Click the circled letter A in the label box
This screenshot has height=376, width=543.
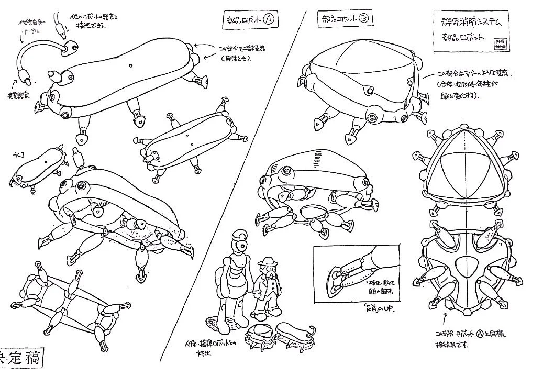click(x=268, y=20)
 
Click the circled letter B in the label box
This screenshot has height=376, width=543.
click(x=364, y=18)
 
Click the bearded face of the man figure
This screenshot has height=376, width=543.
click(x=269, y=271)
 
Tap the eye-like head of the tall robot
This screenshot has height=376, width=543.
click(x=240, y=245)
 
